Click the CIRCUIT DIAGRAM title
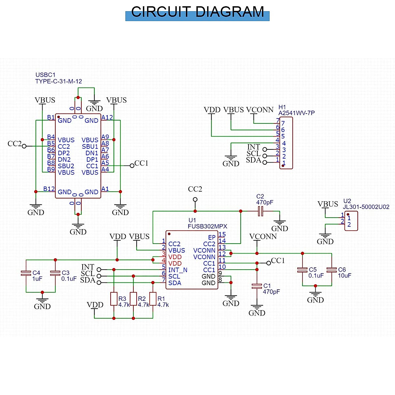197,12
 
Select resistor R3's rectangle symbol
114,299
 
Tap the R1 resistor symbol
153,299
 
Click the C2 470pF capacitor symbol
260,211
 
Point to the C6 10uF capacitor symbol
331,270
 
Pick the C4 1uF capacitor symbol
26,273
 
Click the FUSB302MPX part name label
207,226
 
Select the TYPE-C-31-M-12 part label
59,81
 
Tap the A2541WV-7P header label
296,113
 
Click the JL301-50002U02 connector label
366,207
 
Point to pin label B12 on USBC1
49,189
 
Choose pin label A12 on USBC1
107,118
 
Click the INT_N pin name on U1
178,270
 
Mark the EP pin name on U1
212,237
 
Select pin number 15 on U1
222,235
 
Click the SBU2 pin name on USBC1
66,166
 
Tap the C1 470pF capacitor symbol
257,286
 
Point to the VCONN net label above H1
260,110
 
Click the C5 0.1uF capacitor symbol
302,270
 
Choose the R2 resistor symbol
133,299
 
